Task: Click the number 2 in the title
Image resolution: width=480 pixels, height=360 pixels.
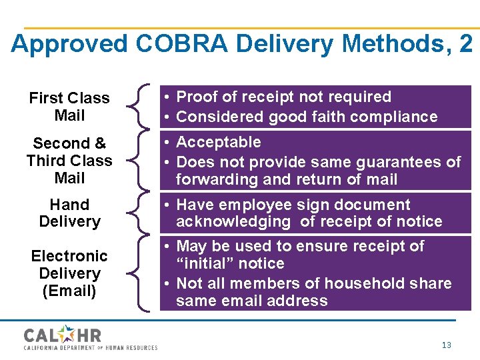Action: [x=465, y=44]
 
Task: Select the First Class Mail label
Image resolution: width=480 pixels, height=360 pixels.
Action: [x=69, y=107]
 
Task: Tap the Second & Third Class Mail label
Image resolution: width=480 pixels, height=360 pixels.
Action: [x=69, y=161]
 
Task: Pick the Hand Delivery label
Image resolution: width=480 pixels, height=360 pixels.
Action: [x=69, y=213]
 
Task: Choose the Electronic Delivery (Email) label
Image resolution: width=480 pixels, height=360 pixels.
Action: [x=69, y=273]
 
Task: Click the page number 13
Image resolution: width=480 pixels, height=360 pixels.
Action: [x=446, y=345]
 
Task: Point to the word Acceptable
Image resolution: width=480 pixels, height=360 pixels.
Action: [x=218, y=142]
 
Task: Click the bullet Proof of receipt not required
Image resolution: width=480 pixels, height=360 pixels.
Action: [x=283, y=97]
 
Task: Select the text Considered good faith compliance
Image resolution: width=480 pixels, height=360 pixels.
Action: [x=306, y=117]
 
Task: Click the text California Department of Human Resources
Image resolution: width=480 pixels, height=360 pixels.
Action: [x=91, y=347]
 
